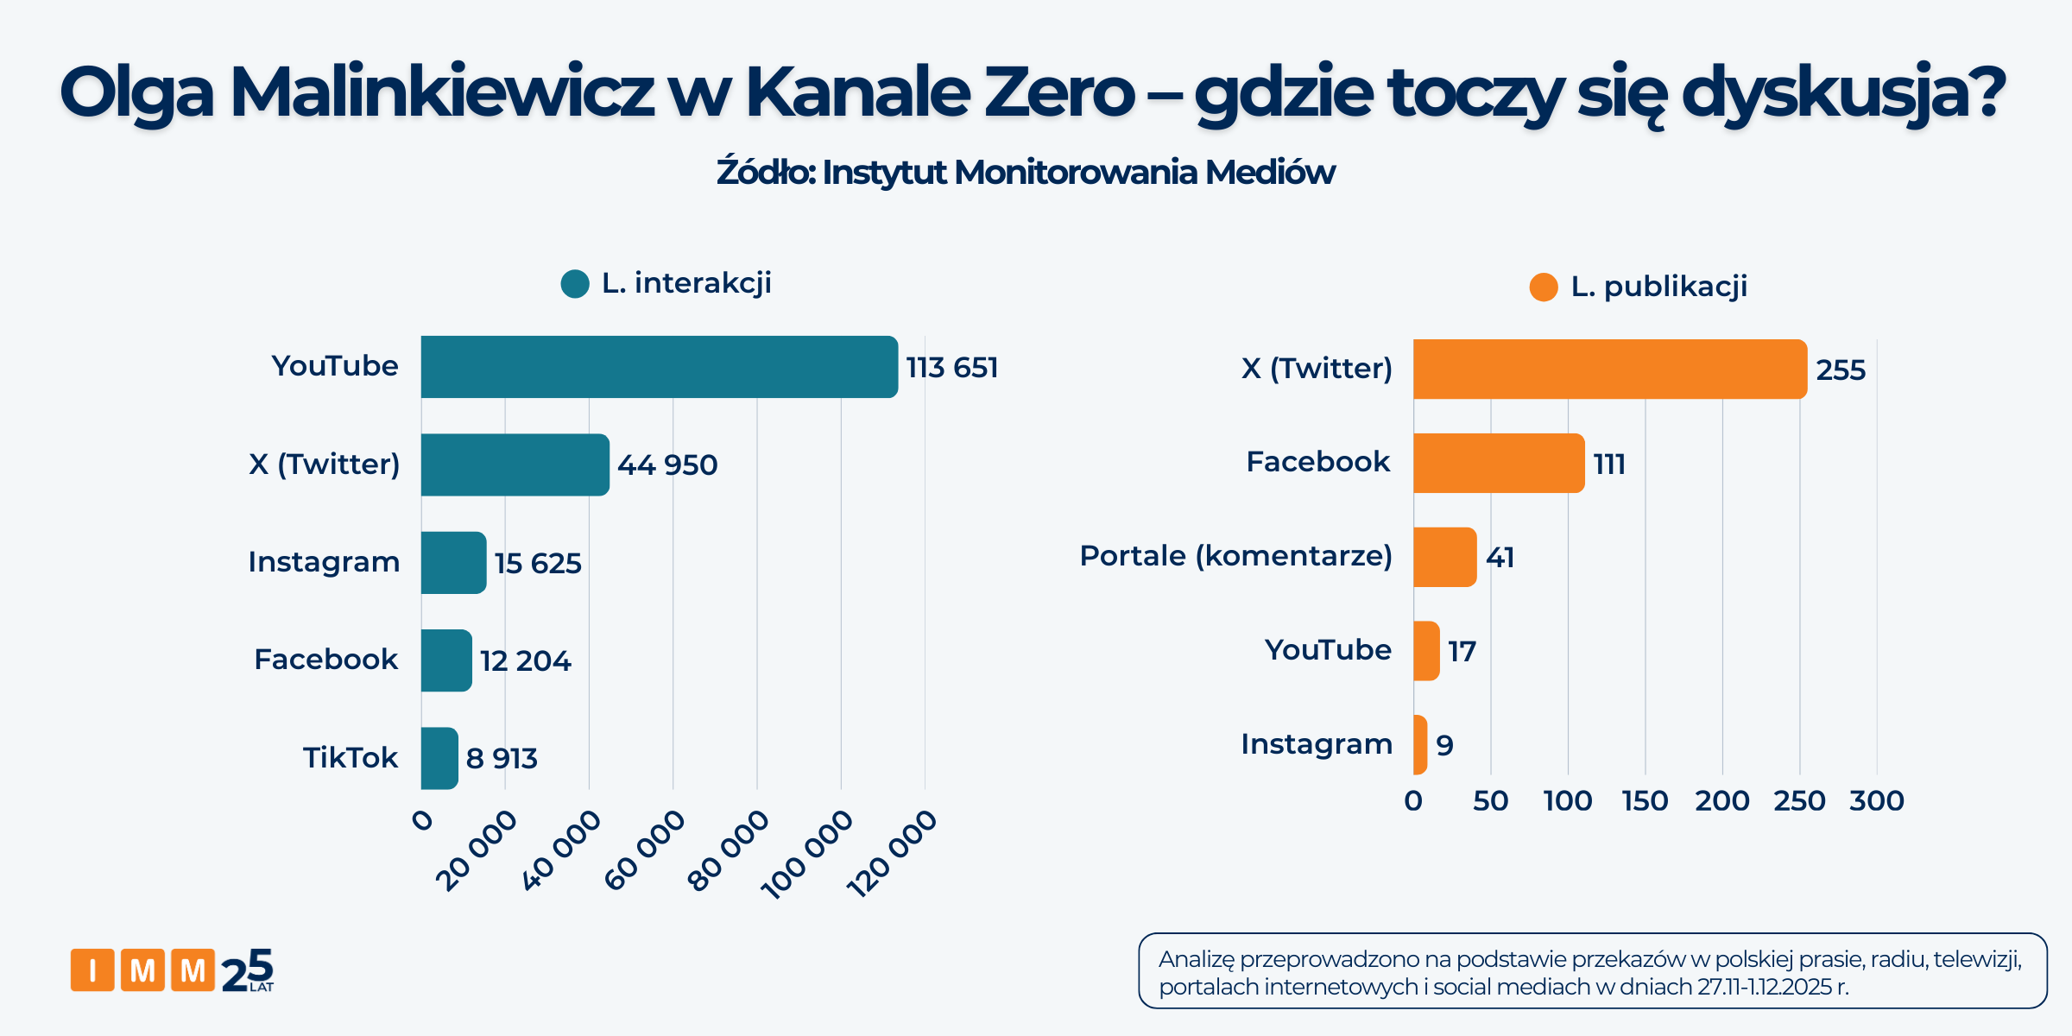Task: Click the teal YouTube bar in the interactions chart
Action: click(x=659, y=367)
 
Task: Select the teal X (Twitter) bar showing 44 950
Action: click(x=515, y=464)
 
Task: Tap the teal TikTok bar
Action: click(x=439, y=758)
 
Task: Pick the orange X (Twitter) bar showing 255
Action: click(x=1609, y=370)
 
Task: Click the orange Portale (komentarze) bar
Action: click(x=1444, y=557)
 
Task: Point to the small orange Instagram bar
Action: click(x=1420, y=744)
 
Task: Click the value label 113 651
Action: click(x=951, y=368)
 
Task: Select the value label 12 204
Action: click(x=525, y=661)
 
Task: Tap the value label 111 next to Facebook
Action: click(x=1609, y=464)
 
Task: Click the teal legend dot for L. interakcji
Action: click(x=575, y=283)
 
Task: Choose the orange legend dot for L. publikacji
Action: click(x=1544, y=287)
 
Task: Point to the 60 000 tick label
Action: click(x=645, y=850)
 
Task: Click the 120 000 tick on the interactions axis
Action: click(x=893, y=853)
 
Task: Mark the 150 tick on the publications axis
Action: click(x=1645, y=801)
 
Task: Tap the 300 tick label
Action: click(x=1876, y=801)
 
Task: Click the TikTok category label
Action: click(x=350, y=758)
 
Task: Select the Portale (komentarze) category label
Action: click(x=1235, y=556)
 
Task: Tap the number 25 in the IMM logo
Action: click(x=248, y=971)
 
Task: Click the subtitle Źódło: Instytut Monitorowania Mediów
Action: click(x=1026, y=173)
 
